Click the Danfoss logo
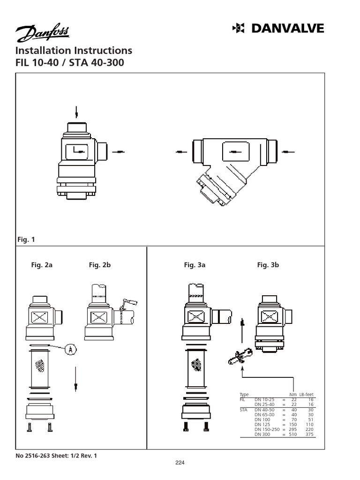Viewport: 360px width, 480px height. [x=42, y=33]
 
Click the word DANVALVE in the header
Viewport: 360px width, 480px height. [x=286, y=29]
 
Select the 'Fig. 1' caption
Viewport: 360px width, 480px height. [x=26, y=240]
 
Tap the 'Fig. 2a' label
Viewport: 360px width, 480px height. [x=42, y=265]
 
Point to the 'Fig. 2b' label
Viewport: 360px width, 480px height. [x=99, y=265]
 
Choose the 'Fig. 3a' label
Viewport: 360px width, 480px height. [x=195, y=265]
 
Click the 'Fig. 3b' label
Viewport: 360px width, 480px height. [x=268, y=265]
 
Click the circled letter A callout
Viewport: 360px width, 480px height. [x=71, y=349]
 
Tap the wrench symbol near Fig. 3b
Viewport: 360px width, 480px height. [x=239, y=357]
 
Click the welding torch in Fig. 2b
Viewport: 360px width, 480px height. [x=128, y=304]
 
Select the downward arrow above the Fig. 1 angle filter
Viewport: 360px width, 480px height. [x=76, y=112]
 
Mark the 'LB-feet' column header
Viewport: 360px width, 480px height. [x=307, y=395]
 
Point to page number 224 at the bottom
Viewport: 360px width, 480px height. [x=180, y=463]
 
